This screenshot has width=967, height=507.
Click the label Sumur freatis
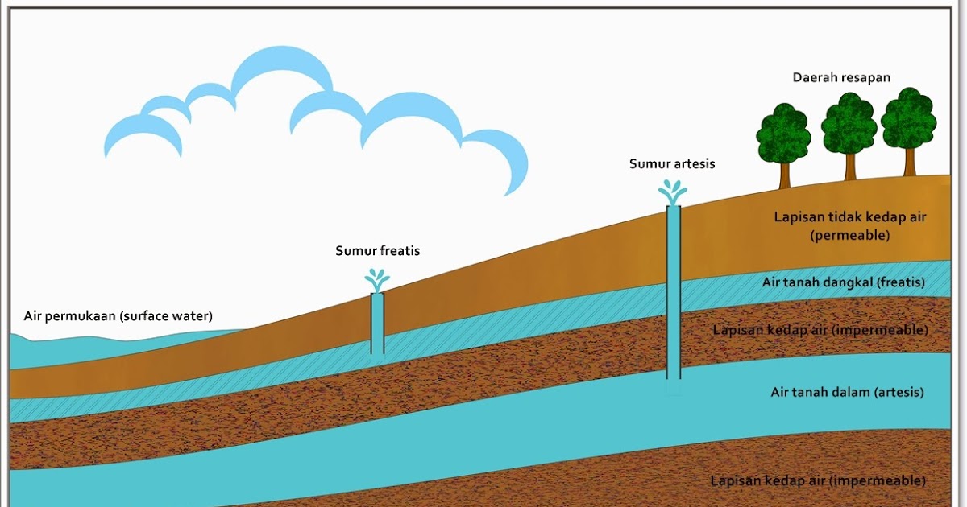coord(378,251)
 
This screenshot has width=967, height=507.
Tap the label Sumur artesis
coord(672,164)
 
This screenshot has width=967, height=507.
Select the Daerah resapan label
coord(841,77)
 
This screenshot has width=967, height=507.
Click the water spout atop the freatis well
coord(377,281)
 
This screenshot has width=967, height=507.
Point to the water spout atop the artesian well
coord(673,192)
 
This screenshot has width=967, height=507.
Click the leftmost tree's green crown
coord(783,134)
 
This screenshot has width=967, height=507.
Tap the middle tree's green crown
coord(849,124)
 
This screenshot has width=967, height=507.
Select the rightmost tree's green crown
coord(909,118)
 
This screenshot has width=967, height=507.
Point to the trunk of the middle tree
coord(850,167)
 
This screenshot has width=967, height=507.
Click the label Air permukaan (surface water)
coord(118,316)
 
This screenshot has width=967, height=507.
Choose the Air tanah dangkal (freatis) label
coord(844,282)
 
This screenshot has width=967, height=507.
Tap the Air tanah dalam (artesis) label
coord(848,393)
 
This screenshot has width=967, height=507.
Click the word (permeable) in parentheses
coord(850,235)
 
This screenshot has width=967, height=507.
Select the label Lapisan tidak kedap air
coord(850,216)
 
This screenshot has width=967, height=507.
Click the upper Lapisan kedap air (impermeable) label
coord(820,330)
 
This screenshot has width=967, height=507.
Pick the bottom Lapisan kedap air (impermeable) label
coord(818,480)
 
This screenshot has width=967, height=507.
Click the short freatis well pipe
coord(377,324)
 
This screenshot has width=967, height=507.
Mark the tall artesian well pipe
coord(674,292)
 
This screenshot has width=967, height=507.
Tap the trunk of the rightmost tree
coord(910,162)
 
